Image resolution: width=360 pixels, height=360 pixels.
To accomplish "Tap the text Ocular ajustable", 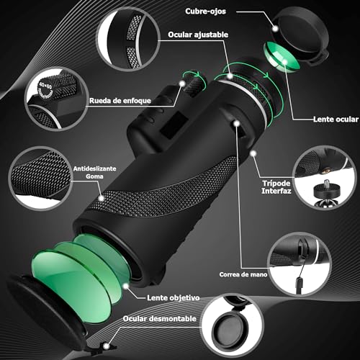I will [199, 34].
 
